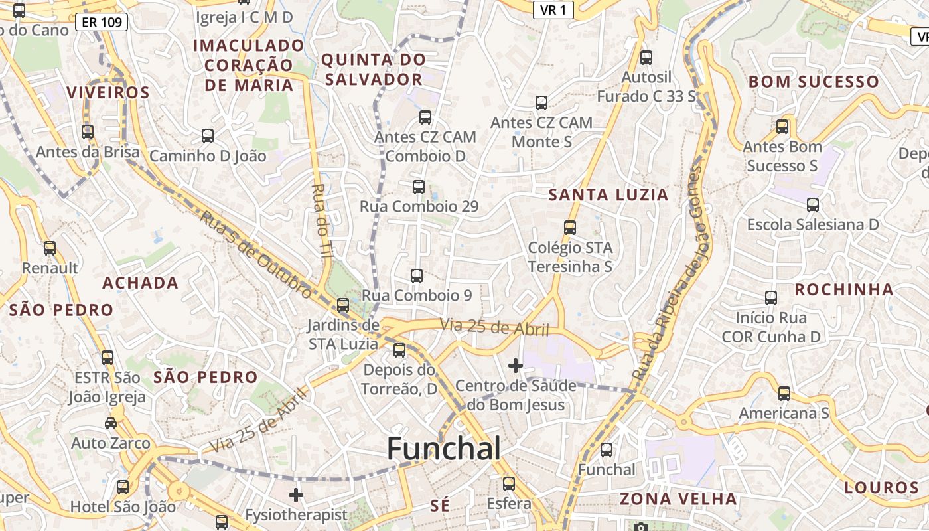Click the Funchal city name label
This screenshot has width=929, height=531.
tap(443, 449)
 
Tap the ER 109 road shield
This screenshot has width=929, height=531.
tap(102, 22)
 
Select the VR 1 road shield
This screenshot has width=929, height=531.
tap(553, 9)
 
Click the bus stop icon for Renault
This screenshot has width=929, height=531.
tap(50, 248)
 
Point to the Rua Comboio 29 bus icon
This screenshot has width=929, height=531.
tap(419, 187)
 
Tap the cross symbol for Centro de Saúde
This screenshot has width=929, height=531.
tap(516, 365)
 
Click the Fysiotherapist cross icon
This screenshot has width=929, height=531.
tap(296, 495)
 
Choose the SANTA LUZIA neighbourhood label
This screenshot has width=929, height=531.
tap(608, 195)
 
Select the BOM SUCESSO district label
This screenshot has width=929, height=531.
tap(814, 82)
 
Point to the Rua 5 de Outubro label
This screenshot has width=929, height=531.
tap(255, 254)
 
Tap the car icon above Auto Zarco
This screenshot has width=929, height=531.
tap(111, 423)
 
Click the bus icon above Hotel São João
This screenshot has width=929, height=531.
tap(123, 487)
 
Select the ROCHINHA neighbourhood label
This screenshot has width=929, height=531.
tap(844, 290)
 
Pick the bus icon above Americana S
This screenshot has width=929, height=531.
tap(784, 394)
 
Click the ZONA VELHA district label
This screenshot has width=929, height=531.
tap(678, 499)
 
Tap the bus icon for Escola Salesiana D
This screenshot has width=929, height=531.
tap(813, 205)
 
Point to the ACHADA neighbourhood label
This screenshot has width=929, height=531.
tap(140, 283)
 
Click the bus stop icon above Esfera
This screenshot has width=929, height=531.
tap(509, 484)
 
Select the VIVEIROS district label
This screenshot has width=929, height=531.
tap(108, 92)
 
